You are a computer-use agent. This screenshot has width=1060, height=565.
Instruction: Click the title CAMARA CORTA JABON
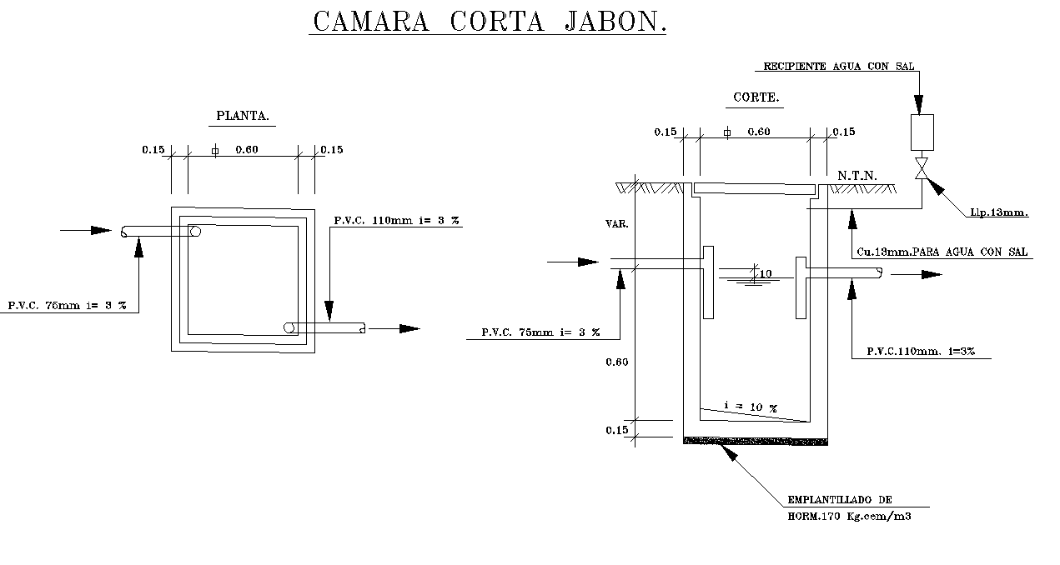tap(490, 22)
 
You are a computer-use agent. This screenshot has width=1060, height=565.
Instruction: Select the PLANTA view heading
tap(243, 116)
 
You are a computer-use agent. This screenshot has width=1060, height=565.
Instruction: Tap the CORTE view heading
tap(756, 97)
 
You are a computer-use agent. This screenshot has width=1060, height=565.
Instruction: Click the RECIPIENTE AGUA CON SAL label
tap(838, 66)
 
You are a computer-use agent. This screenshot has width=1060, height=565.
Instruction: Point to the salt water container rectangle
tap(922, 132)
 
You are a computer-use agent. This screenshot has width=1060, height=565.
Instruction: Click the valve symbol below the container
tap(922, 168)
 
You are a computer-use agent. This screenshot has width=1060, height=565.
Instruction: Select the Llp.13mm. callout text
tap(999, 212)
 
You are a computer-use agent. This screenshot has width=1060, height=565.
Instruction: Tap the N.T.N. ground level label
tap(857, 176)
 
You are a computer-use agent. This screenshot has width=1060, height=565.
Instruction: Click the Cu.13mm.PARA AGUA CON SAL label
tap(942, 252)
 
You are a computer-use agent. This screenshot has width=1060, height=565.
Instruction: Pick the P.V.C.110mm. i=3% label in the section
tap(921, 352)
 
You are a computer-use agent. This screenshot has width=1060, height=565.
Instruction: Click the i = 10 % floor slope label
tap(751, 406)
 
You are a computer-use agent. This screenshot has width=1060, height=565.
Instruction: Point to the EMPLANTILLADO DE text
tap(840, 500)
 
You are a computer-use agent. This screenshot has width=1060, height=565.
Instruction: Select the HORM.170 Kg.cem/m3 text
tap(849, 517)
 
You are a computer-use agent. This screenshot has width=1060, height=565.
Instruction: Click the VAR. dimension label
tap(616, 224)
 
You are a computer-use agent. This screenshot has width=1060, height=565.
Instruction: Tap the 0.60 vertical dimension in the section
tap(616, 362)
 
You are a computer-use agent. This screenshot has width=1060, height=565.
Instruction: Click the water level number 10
tap(766, 273)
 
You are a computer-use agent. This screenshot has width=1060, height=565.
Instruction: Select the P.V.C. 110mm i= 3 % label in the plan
tap(396, 220)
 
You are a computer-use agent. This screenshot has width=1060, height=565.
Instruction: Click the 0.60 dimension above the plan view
tap(247, 150)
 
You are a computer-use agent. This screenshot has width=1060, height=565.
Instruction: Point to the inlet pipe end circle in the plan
tap(195, 232)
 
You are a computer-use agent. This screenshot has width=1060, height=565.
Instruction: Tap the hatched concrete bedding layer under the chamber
tap(756, 442)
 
